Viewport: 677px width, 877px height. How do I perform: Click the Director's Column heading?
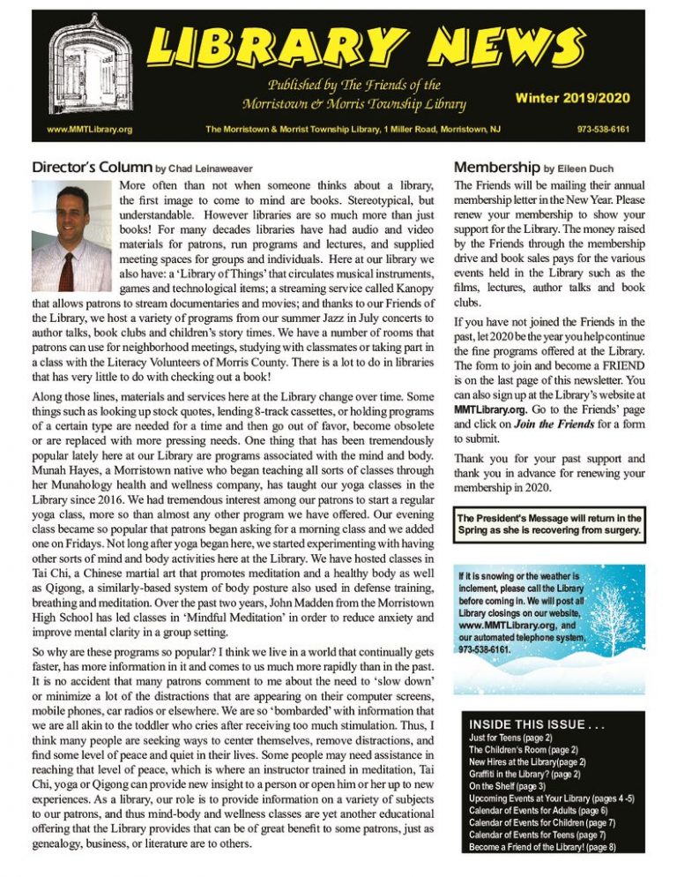(x=91, y=167)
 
